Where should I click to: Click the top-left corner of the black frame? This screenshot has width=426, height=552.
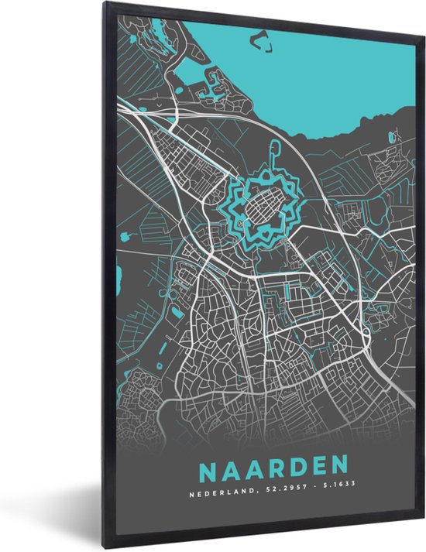click(x=105, y=5)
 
